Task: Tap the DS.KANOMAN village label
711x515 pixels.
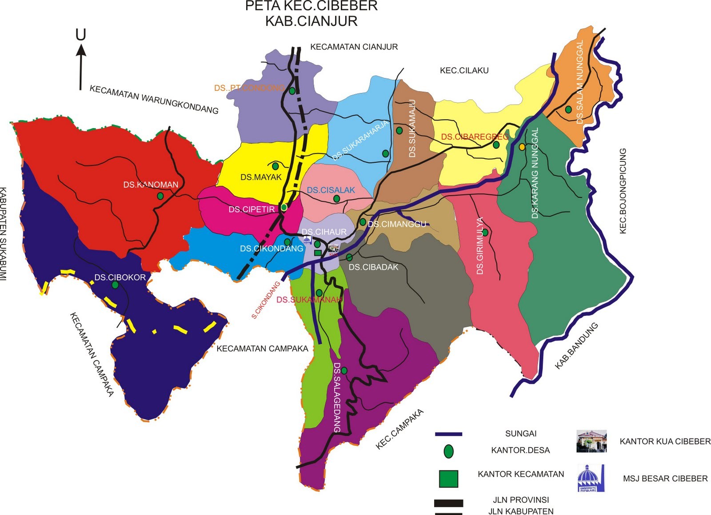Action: (x=151, y=185)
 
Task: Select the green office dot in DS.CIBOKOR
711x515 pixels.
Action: (x=115, y=285)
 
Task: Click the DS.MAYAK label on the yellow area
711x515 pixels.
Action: (x=261, y=177)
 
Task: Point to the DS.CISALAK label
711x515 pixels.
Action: (x=331, y=190)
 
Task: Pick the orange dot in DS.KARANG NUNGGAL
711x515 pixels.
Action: (x=522, y=147)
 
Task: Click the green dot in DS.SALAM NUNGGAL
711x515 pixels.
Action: (x=568, y=109)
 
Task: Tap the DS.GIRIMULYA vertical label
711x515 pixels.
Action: (x=480, y=245)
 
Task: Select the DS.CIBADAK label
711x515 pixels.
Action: (x=373, y=267)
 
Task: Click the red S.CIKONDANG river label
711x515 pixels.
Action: (x=266, y=300)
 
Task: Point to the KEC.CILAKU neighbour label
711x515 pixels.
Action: (x=464, y=70)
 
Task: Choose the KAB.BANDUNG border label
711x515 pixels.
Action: (x=576, y=346)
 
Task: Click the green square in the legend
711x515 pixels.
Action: (x=448, y=479)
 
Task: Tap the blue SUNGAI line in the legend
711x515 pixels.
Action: (x=448, y=434)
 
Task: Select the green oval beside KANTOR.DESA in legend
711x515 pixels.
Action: (x=449, y=451)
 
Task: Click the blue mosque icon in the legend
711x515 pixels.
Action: (x=591, y=478)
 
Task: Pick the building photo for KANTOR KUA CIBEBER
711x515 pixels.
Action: (x=591, y=441)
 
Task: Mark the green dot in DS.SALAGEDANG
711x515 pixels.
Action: (x=344, y=370)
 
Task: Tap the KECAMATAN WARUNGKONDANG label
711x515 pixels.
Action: (x=154, y=99)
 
